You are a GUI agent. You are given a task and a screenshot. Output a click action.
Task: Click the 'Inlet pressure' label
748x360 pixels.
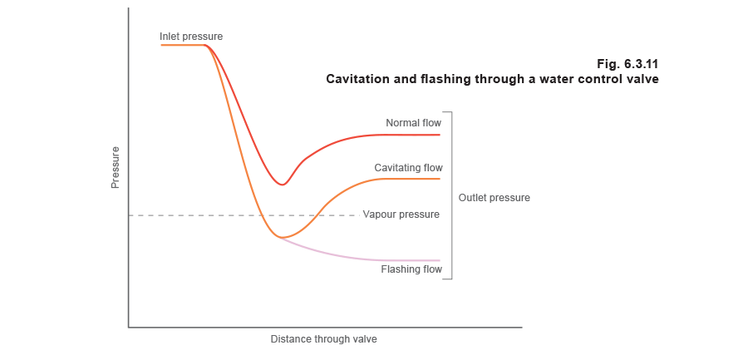[x=190, y=37]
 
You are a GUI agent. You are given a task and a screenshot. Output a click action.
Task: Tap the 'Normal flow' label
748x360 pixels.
[x=412, y=123]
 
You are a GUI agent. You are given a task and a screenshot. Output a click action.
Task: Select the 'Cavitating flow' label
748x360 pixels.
[x=406, y=169]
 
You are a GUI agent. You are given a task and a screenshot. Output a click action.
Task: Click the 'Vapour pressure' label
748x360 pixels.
[x=400, y=215]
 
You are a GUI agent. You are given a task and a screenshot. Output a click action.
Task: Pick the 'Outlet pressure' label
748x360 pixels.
[x=492, y=200]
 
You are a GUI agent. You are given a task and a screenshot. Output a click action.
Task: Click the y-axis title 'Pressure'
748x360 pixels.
[x=116, y=167]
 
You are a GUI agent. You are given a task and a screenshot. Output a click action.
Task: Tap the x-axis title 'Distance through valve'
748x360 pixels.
[x=330, y=340]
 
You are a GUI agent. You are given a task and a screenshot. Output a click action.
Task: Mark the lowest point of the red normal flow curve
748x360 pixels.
[x=283, y=185]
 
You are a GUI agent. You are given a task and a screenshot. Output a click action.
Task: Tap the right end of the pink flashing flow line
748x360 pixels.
[x=439, y=260]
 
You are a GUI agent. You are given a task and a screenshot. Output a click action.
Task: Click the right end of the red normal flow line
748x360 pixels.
[x=439, y=134]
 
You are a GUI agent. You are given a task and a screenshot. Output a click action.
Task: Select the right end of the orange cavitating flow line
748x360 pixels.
[x=439, y=179]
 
